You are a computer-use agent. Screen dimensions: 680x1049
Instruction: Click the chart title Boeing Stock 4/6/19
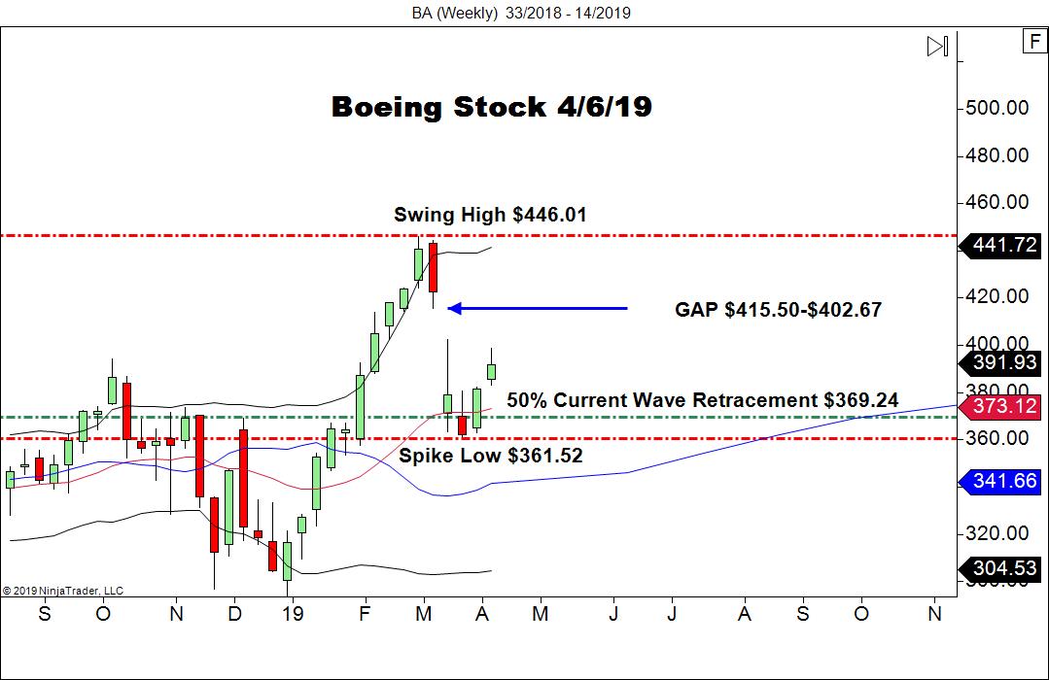pos(491,107)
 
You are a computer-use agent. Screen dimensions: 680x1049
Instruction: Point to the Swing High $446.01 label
pos(490,215)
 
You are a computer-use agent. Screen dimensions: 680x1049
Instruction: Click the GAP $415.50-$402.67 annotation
pos(778,310)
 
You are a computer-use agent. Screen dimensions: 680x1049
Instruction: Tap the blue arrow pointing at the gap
pos(538,309)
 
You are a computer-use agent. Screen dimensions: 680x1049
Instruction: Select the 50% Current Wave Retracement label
pos(702,400)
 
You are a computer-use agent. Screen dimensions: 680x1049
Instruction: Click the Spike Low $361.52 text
pos(491,455)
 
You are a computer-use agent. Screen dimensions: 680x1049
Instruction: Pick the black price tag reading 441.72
pos(1004,245)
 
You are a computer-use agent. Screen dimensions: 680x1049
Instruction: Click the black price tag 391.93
pos(1004,363)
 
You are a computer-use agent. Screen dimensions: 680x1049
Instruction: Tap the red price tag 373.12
pos(1004,406)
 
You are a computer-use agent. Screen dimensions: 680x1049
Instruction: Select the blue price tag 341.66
pos(1004,480)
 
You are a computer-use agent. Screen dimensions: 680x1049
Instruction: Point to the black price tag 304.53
pos(1004,568)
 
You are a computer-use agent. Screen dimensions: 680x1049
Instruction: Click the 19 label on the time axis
pos(293,614)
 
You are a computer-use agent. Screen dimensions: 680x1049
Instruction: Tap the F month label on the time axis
pos(365,614)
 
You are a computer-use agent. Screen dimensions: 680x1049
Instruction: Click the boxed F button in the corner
pos(1032,41)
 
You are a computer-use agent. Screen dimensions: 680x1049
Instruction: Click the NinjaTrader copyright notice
pos(62,590)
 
